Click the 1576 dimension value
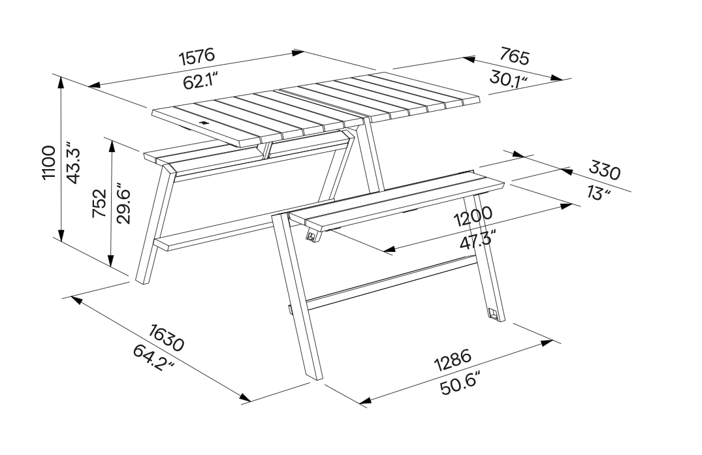click(197, 57)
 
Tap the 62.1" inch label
click(200, 82)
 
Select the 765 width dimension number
click(515, 56)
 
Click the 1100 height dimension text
click(49, 162)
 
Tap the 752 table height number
click(99, 204)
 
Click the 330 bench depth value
click(605, 170)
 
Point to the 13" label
click(599, 193)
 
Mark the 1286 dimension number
click(453, 360)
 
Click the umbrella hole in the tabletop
click(204, 122)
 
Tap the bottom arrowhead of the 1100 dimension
click(61, 235)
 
